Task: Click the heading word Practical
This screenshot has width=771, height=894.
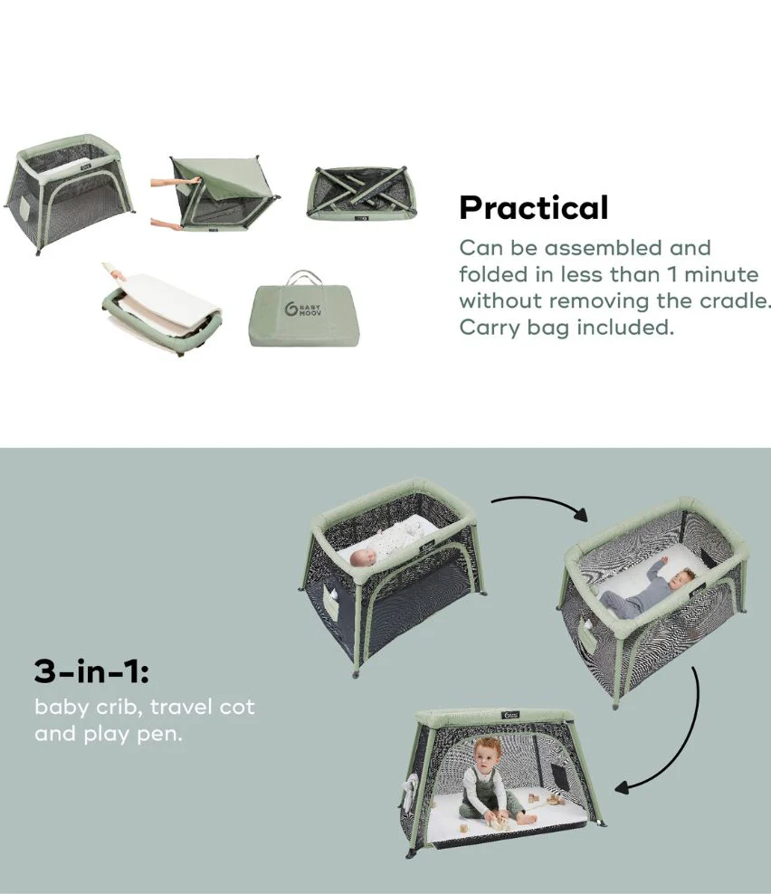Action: point(534,208)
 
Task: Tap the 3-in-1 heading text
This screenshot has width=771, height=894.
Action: point(91,672)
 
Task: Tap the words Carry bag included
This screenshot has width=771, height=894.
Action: point(566,327)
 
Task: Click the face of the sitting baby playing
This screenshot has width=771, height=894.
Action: point(488,755)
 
